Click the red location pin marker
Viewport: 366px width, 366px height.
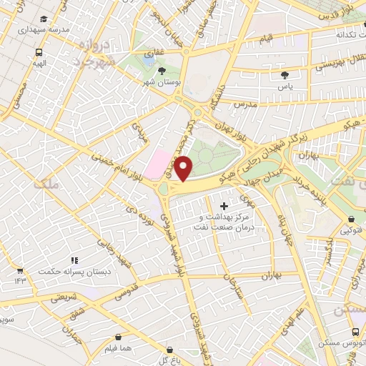184,169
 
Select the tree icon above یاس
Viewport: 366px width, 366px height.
285,74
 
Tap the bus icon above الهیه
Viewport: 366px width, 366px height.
39,52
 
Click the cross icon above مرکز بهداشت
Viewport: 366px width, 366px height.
224,206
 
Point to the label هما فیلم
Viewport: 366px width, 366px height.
118,349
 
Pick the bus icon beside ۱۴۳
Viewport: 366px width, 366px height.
19,271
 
